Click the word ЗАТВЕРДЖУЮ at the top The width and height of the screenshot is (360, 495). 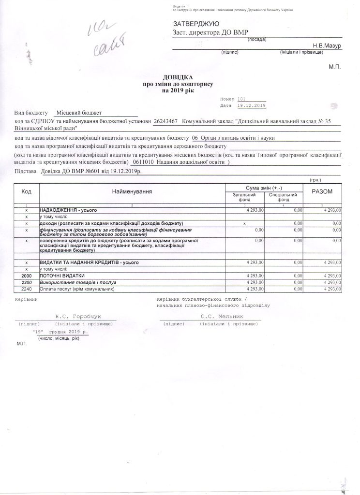pos(196,24)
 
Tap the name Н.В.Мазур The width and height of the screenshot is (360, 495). pos(327,45)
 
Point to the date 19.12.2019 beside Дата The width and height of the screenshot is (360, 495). pos(253,105)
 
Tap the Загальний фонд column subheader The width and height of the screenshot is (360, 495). pos(244,197)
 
